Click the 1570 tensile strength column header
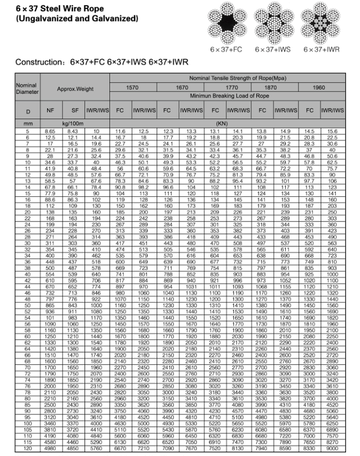[x=132, y=87]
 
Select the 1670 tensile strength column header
[x=181, y=87]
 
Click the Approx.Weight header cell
[x=75, y=89]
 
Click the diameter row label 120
[x=27, y=448]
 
